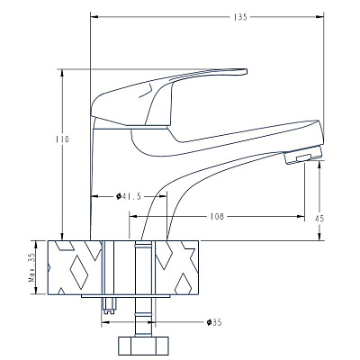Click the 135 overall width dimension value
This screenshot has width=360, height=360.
click(240, 17)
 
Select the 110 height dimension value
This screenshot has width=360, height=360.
click(62, 139)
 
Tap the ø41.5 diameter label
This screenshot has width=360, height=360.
click(129, 196)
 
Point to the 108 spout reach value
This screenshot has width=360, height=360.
click(217, 216)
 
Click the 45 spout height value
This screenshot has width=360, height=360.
click(319, 219)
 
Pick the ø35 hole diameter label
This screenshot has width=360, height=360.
click(214, 322)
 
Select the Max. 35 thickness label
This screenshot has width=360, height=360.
click(31, 267)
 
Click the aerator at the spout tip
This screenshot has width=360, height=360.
click(303, 155)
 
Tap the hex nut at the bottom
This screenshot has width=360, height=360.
click(143, 346)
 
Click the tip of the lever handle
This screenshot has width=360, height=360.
click(246, 71)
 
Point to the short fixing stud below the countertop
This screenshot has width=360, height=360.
click(109, 306)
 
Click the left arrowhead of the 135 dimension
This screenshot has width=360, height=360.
click(94, 17)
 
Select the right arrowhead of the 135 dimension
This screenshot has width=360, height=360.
click(319, 17)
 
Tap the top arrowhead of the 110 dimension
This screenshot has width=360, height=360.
click(62, 74)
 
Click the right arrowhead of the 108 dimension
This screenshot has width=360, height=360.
click(301, 216)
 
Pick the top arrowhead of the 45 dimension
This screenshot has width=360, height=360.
click(319, 164)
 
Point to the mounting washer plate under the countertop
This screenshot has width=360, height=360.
click(126, 296)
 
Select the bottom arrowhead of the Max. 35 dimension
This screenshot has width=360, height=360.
click(36, 290)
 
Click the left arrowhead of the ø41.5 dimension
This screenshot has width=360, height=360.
click(94, 197)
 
